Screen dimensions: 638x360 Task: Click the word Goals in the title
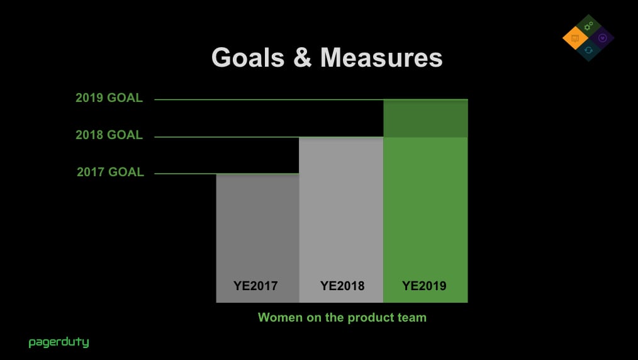(x=248, y=57)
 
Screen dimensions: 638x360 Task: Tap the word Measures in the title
(x=381, y=57)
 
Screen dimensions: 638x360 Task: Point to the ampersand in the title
(x=302, y=57)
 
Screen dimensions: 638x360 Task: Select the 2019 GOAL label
(x=109, y=98)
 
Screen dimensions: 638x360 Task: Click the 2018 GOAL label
(x=109, y=135)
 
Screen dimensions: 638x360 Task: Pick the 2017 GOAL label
(x=110, y=172)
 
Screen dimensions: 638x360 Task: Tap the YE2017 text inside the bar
(x=255, y=286)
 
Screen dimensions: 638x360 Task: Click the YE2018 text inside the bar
(x=342, y=286)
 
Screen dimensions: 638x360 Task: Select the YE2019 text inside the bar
(x=424, y=286)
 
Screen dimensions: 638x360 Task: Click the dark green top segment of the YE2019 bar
(x=425, y=118)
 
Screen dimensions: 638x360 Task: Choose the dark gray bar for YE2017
(x=257, y=238)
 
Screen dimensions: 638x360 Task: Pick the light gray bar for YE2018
(x=341, y=220)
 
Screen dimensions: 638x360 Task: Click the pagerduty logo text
(x=59, y=342)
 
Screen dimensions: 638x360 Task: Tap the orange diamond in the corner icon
(x=575, y=38)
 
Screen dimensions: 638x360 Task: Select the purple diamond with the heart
(x=602, y=38)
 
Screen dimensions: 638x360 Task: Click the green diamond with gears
(x=588, y=26)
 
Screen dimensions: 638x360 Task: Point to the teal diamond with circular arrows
(x=588, y=50)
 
